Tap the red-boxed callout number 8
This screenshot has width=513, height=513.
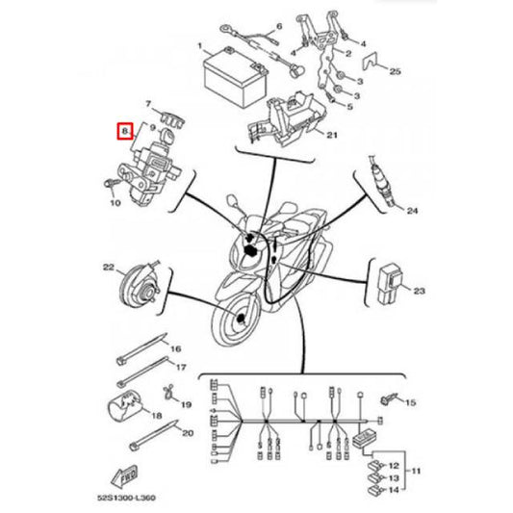pyautogui.click(x=124, y=130)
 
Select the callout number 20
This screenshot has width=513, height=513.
pyautogui.click(x=187, y=434)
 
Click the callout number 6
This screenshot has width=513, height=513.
pyautogui.click(x=280, y=26)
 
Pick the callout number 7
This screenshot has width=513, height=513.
pyautogui.click(x=149, y=103)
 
